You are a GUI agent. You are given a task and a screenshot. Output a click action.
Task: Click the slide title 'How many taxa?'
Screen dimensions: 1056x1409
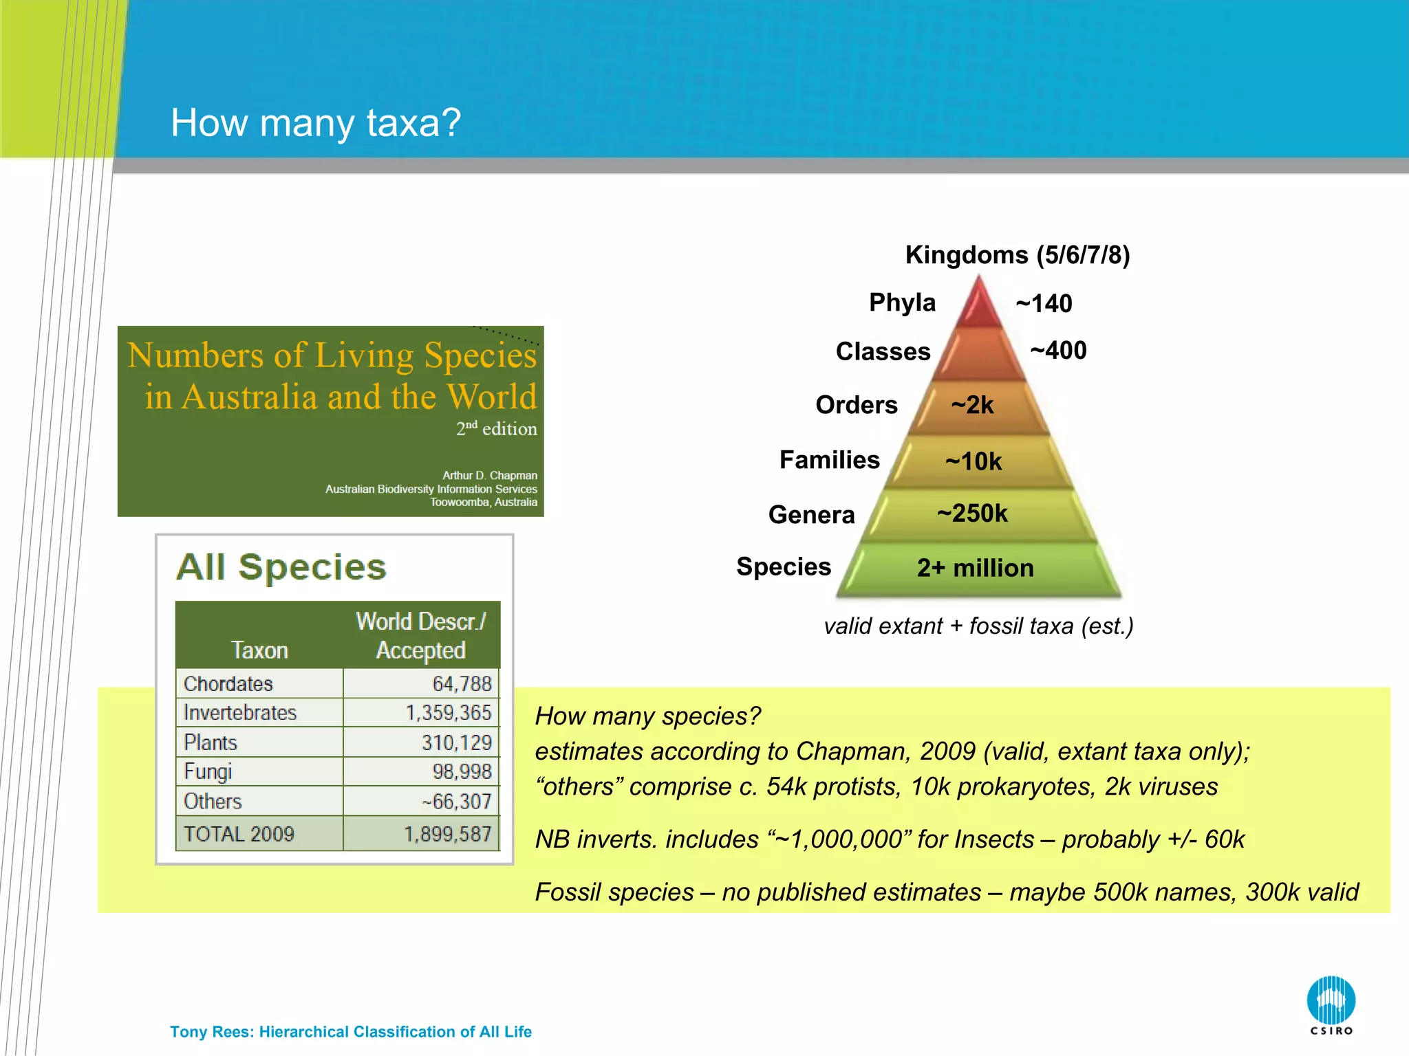tap(315, 123)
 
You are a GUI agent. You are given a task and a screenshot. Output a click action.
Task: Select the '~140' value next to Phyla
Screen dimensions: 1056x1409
tap(1043, 303)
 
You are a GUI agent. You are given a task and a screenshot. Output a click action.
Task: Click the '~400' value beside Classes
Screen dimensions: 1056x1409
tap(1058, 351)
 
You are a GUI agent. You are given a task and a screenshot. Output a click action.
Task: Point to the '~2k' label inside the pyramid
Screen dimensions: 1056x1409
tap(972, 405)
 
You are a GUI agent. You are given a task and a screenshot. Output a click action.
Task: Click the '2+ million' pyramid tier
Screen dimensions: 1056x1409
tap(975, 568)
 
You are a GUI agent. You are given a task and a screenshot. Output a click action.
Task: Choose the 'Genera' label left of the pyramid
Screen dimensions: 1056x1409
tap(811, 514)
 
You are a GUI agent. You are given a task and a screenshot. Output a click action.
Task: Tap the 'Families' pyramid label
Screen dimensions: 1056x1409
tap(829, 459)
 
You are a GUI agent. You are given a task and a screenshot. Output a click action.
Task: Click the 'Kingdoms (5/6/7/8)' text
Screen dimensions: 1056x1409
tap(1017, 255)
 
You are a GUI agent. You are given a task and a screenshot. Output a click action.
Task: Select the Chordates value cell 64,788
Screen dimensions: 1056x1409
tap(461, 683)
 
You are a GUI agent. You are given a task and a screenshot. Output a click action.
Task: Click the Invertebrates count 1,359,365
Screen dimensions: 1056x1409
tap(448, 712)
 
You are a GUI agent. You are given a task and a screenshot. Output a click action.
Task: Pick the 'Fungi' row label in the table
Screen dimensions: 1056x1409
tap(208, 771)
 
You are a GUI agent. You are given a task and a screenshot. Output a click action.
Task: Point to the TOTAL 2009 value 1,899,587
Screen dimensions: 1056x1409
tap(447, 834)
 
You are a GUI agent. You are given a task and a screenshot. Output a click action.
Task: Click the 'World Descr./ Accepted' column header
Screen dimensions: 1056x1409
tap(420, 635)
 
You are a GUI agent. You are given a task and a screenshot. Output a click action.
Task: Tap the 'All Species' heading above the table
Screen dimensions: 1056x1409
tap(281, 567)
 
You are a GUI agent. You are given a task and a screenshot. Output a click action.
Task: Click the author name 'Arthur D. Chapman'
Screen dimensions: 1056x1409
tap(489, 475)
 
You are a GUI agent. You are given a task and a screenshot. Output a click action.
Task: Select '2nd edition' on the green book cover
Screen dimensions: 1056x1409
tap(496, 428)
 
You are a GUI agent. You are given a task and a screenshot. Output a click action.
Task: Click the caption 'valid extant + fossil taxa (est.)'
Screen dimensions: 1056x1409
tap(978, 626)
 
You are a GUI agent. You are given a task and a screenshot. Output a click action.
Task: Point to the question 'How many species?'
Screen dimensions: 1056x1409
tap(647, 716)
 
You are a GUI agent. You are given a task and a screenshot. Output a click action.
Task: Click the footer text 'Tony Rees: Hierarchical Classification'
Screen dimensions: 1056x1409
tap(350, 1031)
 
